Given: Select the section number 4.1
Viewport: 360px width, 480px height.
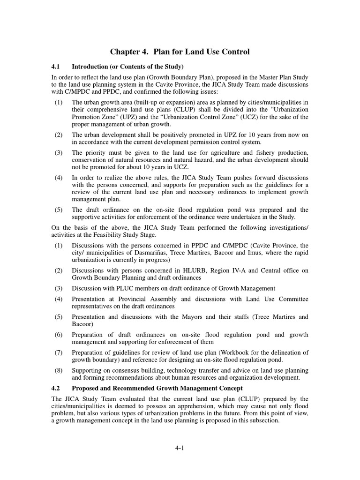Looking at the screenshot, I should [x=56, y=66].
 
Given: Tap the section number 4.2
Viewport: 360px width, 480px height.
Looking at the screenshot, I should [x=56, y=388].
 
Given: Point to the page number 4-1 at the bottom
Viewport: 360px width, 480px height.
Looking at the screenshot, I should [x=180, y=449].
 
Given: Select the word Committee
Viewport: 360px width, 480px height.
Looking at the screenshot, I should [x=290, y=299].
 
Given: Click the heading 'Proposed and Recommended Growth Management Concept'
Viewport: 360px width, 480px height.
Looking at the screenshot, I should [x=157, y=388].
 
